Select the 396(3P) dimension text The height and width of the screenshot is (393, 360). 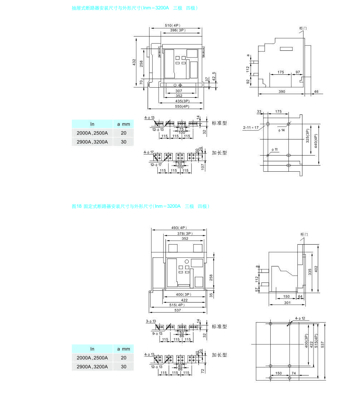tap(177, 30)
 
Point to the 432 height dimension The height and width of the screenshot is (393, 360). tap(134, 62)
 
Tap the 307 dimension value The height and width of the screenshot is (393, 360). tap(179, 91)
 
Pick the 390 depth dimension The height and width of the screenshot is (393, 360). tap(282, 92)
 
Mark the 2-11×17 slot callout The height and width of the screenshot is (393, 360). tap(251, 127)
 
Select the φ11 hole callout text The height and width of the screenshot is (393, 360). tap(274, 149)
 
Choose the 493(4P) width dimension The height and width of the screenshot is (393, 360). tap(179, 228)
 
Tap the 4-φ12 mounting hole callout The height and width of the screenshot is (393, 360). tap(300, 318)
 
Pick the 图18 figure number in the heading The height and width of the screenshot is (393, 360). tap(77, 206)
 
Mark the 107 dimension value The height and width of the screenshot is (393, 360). tap(202, 166)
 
